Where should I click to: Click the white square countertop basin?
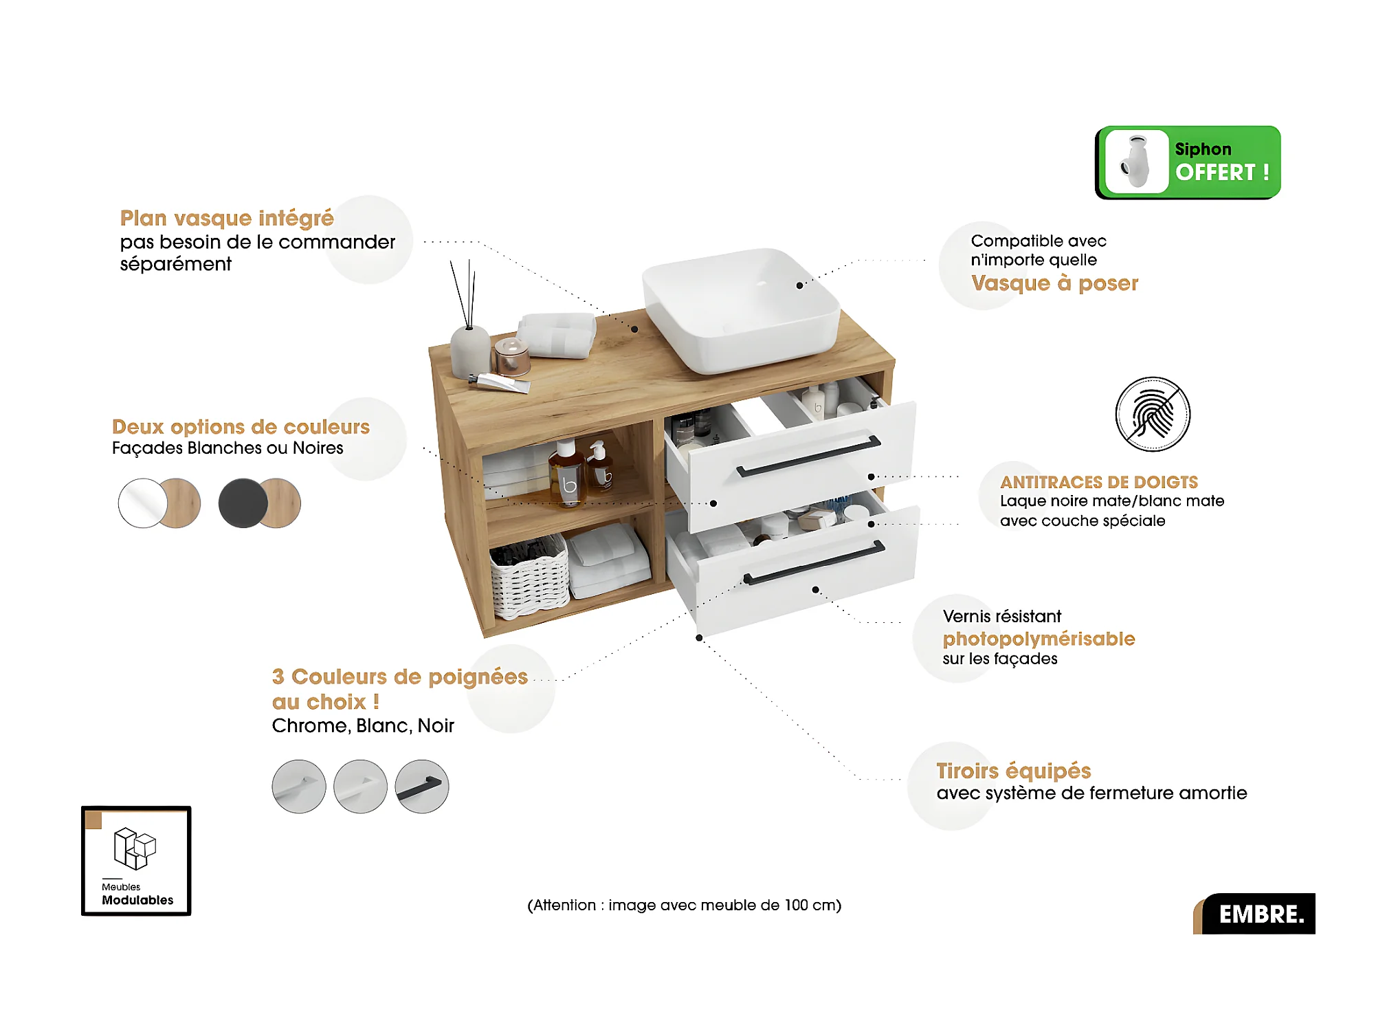[x=741, y=309]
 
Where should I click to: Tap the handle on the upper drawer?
[x=808, y=456]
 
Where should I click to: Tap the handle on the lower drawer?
[x=814, y=563]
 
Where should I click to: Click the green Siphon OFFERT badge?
[x=1188, y=162]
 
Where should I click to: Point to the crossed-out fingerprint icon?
[x=1153, y=414]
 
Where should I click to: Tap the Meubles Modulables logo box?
[x=136, y=861]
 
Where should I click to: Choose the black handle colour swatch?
[x=422, y=787]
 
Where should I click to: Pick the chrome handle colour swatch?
[x=299, y=787]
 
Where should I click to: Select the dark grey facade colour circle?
[x=243, y=503]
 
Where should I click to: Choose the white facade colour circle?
[x=142, y=503]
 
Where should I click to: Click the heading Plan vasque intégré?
[x=227, y=218]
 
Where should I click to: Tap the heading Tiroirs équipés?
[x=1013, y=771]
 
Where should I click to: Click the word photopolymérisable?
[x=1039, y=639]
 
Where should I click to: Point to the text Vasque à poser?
[x=1054, y=283]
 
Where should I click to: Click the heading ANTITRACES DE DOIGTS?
[x=1098, y=482]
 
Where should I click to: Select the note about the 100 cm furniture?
[x=684, y=905]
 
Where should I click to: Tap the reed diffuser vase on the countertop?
[x=470, y=351]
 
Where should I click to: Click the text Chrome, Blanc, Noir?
[x=363, y=725]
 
